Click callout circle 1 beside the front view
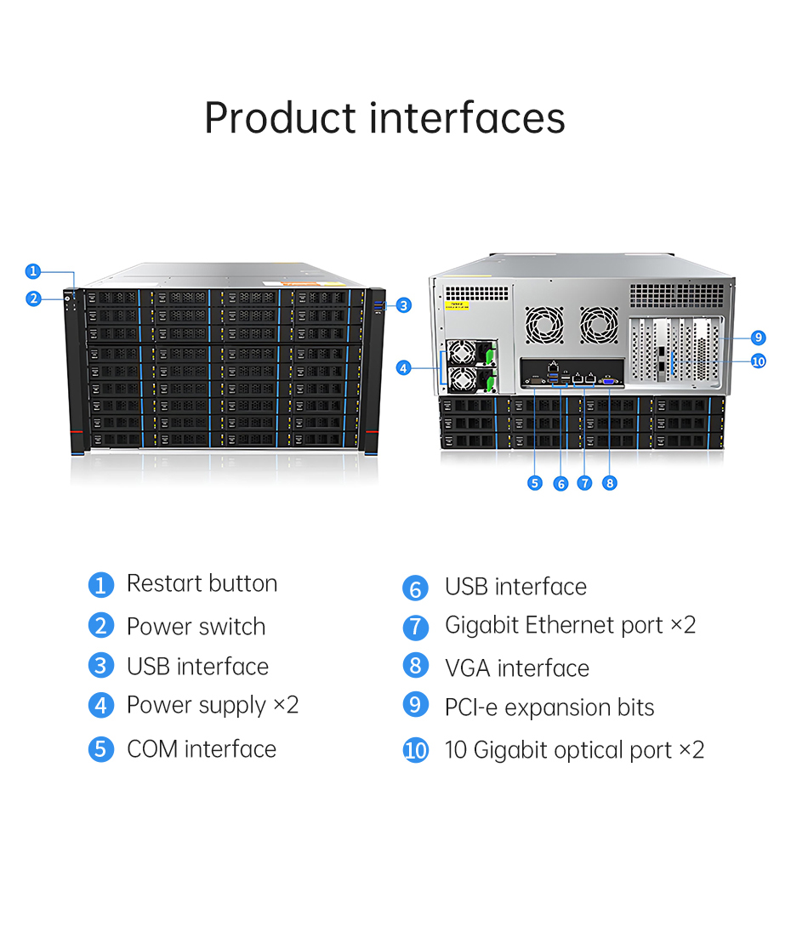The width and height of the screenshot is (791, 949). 33,271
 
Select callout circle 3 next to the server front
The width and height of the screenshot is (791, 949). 404,305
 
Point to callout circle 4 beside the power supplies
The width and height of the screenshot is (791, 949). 404,368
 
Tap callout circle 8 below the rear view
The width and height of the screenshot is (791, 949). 610,483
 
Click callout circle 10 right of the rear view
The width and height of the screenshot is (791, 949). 759,361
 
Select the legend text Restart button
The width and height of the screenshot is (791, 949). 202,583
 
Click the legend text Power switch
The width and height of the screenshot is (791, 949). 196,627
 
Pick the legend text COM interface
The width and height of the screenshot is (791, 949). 202,749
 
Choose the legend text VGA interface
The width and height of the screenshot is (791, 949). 517,668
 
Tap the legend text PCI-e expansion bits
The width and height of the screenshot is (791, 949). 549,707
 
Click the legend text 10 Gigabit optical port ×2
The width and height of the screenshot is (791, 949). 574,750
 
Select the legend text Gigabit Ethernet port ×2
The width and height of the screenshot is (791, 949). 570,625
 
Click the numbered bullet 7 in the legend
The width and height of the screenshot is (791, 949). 416,627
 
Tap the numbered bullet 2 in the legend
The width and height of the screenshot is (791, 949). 101,625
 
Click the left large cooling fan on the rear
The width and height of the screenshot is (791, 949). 544,325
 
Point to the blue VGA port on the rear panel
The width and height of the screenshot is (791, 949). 608,381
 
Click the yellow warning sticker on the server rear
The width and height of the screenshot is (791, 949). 457,304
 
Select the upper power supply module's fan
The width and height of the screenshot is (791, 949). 462,353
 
